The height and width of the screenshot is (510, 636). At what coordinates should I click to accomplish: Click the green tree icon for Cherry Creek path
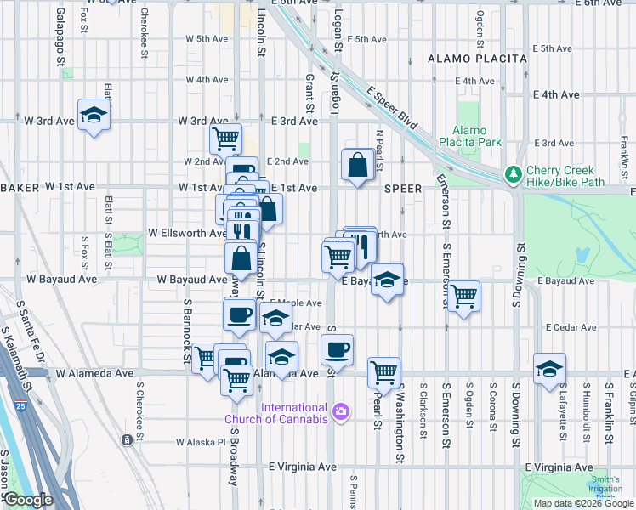(513, 174)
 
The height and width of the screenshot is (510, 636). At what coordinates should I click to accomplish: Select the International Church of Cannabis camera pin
(341, 412)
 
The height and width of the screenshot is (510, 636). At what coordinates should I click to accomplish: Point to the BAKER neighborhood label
(19, 186)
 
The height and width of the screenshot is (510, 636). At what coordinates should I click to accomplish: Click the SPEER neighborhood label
(403, 187)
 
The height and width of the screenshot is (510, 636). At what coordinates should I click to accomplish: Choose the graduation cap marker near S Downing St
(550, 368)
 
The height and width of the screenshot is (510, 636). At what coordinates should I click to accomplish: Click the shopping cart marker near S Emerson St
(463, 296)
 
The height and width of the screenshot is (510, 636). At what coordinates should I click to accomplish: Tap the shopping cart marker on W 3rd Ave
(225, 138)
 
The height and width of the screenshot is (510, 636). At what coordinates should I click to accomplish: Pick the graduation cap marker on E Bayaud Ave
(387, 280)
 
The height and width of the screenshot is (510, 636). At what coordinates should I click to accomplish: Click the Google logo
(28, 500)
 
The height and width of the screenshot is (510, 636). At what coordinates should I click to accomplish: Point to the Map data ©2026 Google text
(582, 502)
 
